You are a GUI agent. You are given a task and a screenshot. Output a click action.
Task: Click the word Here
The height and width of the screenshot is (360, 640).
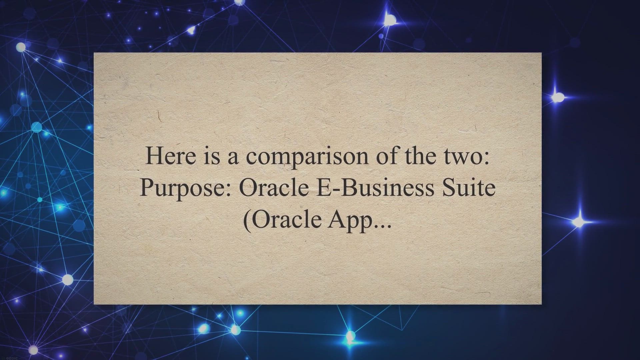click(170, 156)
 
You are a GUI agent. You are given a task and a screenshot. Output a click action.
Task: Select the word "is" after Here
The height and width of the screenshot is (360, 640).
click(211, 156)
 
